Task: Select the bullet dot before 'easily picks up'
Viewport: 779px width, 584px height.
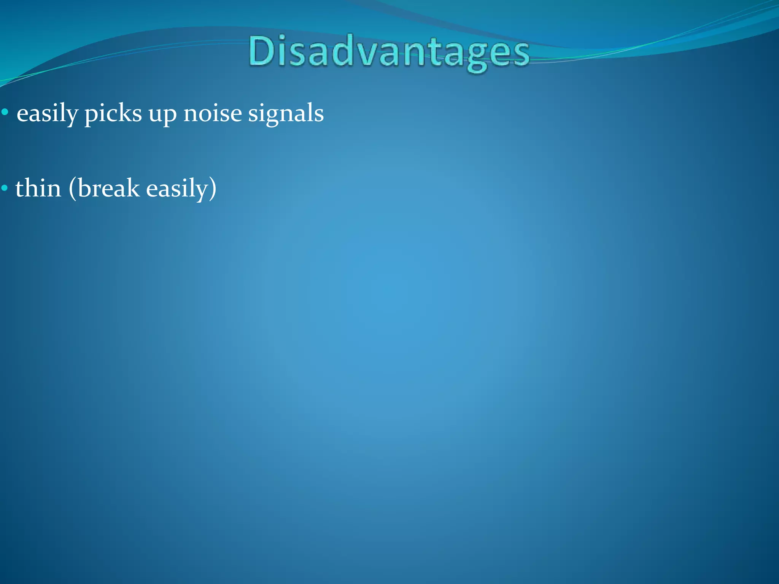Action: point(5,113)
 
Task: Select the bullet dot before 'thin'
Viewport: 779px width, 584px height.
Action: point(5,188)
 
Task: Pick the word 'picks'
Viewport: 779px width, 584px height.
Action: point(113,113)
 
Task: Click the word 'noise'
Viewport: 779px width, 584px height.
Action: point(212,113)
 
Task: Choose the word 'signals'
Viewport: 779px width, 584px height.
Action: point(286,113)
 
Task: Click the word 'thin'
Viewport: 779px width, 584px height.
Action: point(38,188)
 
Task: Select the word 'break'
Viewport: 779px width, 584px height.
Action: point(109,188)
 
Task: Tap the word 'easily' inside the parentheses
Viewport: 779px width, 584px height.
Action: point(176,189)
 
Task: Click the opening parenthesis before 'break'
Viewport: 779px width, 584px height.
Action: point(72,189)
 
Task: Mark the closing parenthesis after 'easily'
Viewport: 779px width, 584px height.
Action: point(213,189)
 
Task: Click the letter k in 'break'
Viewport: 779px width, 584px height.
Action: point(134,188)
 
